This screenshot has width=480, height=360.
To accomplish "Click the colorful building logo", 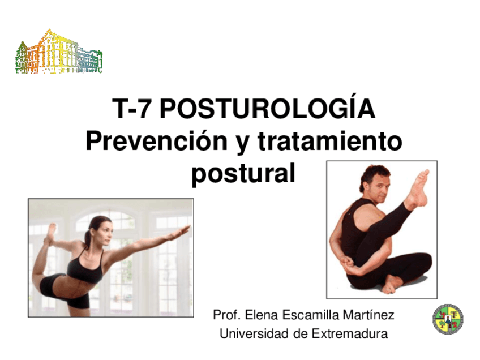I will [59, 54].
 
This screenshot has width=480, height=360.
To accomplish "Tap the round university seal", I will [448, 319].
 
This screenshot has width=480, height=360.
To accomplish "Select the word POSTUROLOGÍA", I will [267, 108].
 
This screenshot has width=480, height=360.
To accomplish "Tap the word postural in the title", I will [243, 174].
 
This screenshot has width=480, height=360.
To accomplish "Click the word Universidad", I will [255, 333].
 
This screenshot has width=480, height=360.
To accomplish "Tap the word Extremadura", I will [349, 333].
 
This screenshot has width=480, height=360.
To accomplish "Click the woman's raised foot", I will [52, 233].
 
